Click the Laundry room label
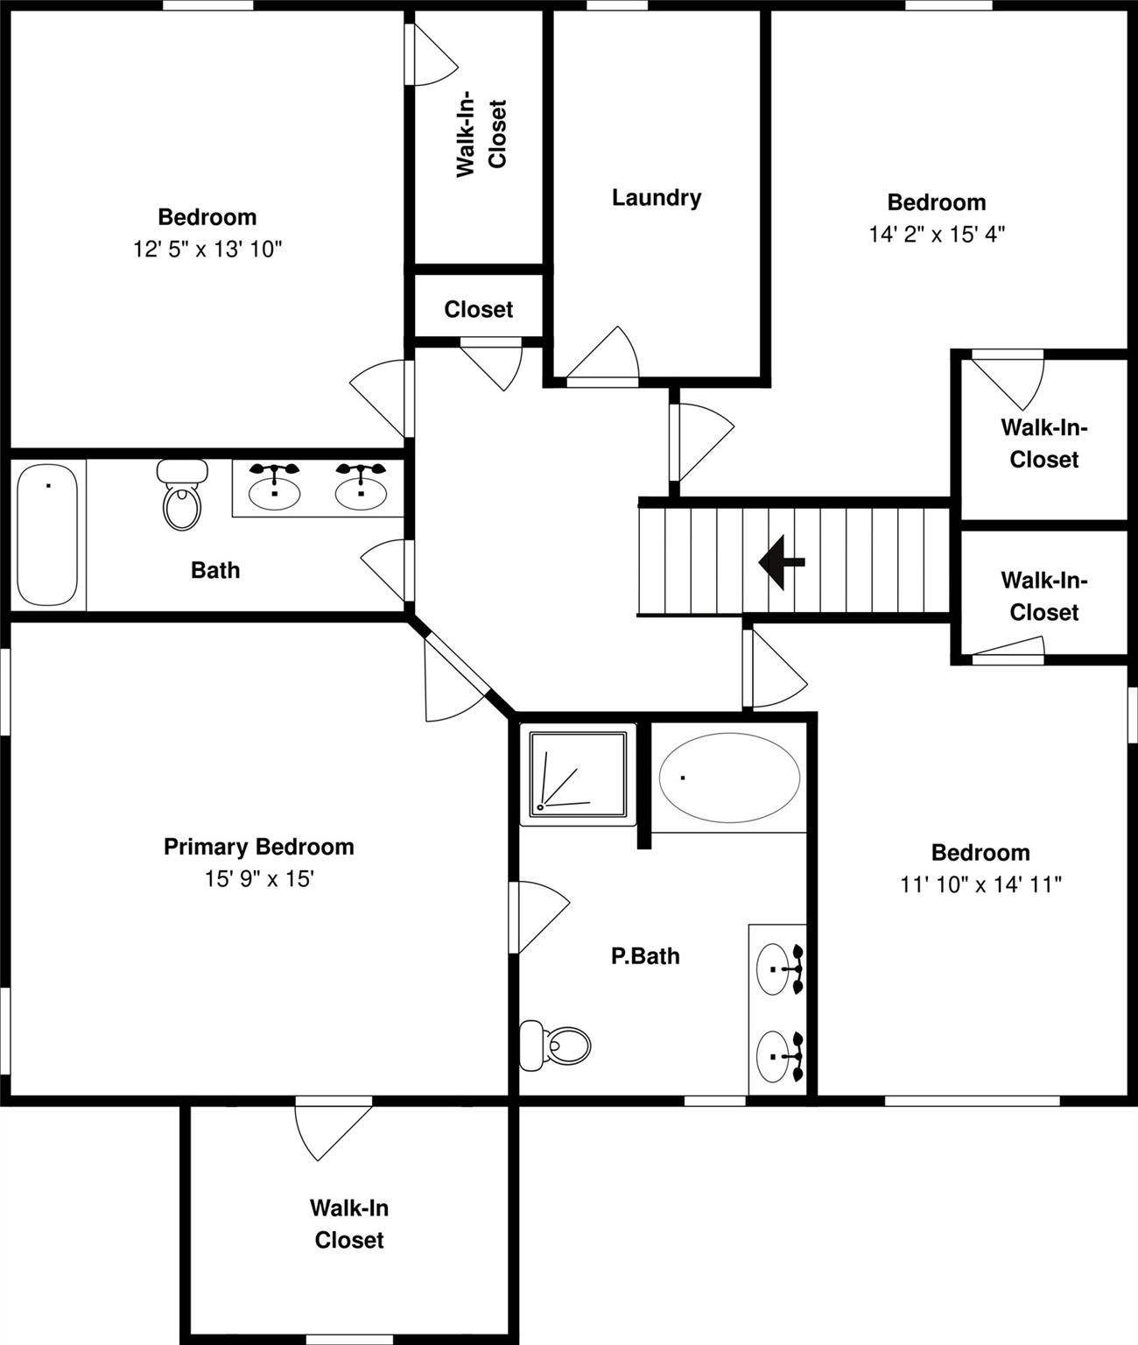657,198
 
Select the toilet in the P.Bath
555,1045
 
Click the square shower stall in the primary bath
578,774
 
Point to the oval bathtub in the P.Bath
729,778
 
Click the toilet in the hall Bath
182,496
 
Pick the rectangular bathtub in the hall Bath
47,535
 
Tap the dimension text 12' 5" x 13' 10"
207,250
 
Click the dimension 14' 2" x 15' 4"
937,235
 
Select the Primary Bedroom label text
259,847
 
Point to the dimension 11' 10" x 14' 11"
980,884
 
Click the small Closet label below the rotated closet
478,309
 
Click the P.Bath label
645,956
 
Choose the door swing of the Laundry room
602,352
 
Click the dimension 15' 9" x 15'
260,878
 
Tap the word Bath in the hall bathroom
215,570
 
